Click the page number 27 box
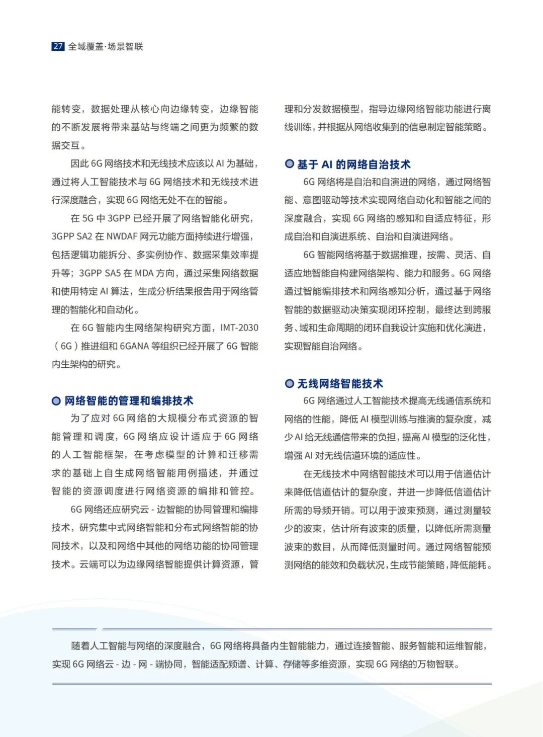coord(58,46)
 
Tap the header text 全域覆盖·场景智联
coord(106,46)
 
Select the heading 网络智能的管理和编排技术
coord(129,400)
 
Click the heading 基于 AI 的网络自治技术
coord(353,164)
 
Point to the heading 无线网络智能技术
coord(340,383)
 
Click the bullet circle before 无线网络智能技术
coord(289,383)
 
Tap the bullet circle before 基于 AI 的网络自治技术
coord(289,163)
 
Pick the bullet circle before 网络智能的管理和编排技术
coord(56,400)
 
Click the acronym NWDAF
coord(122,236)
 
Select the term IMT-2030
coord(239,327)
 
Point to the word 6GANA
coord(134,346)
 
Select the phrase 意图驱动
coord(320,200)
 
